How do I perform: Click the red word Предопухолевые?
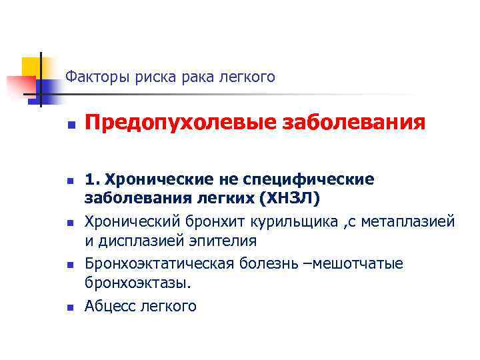(x=172, y=123)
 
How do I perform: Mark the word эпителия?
(x=213, y=240)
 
